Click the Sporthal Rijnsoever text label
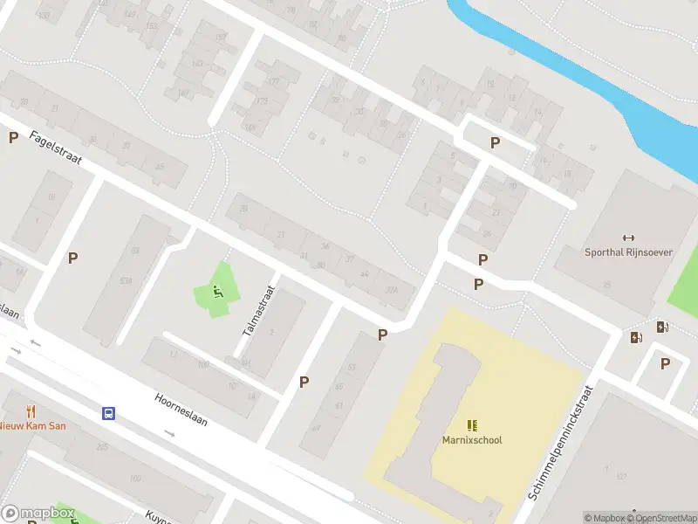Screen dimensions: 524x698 (x=627, y=252)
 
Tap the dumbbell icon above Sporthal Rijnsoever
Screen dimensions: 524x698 (x=627, y=238)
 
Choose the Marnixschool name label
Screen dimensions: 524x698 (x=471, y=440)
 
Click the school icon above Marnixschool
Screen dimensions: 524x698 (x=471, y=425)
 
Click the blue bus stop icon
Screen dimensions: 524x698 (x=109, y=413)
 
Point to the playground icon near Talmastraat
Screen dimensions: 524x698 (x=218, y=292)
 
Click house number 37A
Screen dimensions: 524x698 (x=392, y=291)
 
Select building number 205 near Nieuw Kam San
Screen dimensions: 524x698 (x=102, y=447)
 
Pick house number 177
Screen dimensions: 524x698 (x=273, y=82)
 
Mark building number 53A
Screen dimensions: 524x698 (x=127, y=279)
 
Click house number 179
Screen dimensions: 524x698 (x=262, y=102)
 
